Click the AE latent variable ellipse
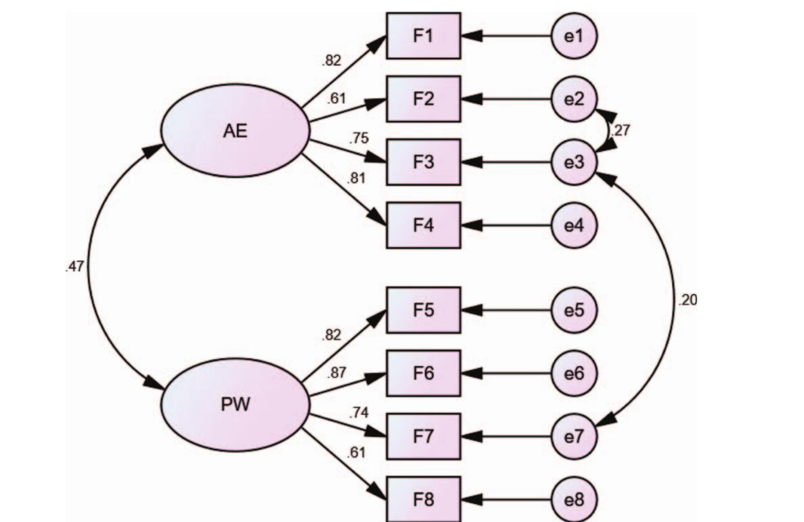(x=236, y=131)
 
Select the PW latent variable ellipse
(x=236, y=404)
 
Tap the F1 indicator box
(x=423, y=36)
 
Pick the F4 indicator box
(x=423, y=225)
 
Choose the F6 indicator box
(x=423, y=373)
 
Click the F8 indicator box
(x=423, y=499)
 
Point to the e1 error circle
(x=574, y=36)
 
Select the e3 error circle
(x=574, y=162)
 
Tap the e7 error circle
(x=574, y=436)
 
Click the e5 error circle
(x=574, y=310)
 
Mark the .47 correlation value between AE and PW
(x=74, y=267)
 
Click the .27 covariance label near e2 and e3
(x=620, y=130)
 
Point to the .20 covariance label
(x=688, y=300)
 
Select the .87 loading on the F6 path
(x=337, y=373)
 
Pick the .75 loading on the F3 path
(x=359, y=138)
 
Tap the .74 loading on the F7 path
(x=359, y=412)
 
